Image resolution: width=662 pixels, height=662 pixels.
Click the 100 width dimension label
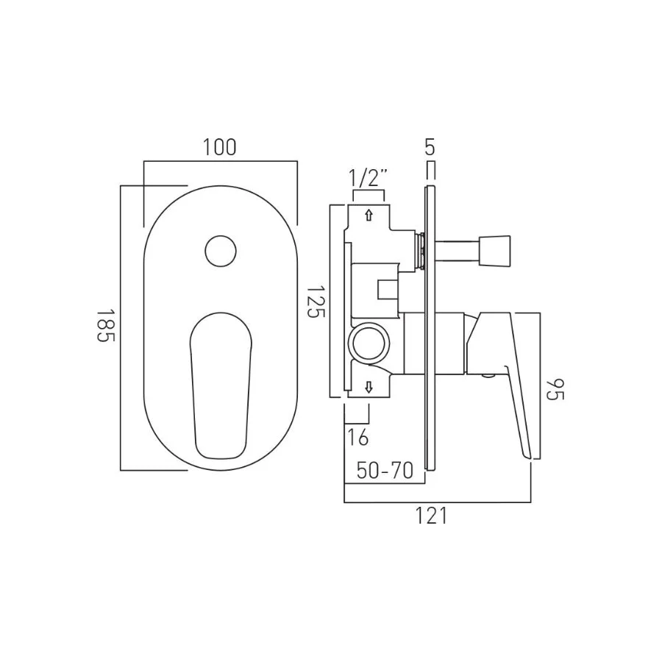coord(219,147)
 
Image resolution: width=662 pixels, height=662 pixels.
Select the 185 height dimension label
coord(105,326)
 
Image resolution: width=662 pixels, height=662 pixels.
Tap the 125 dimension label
coord(315,302)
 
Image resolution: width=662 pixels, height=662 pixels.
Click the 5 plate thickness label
coord(430,147)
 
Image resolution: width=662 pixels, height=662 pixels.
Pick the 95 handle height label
coord(555,390)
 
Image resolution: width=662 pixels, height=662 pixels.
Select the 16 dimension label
coord(358,437)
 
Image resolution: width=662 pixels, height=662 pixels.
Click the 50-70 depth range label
coord(385,470)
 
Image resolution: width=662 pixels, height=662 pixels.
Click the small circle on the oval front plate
coord(221,252)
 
